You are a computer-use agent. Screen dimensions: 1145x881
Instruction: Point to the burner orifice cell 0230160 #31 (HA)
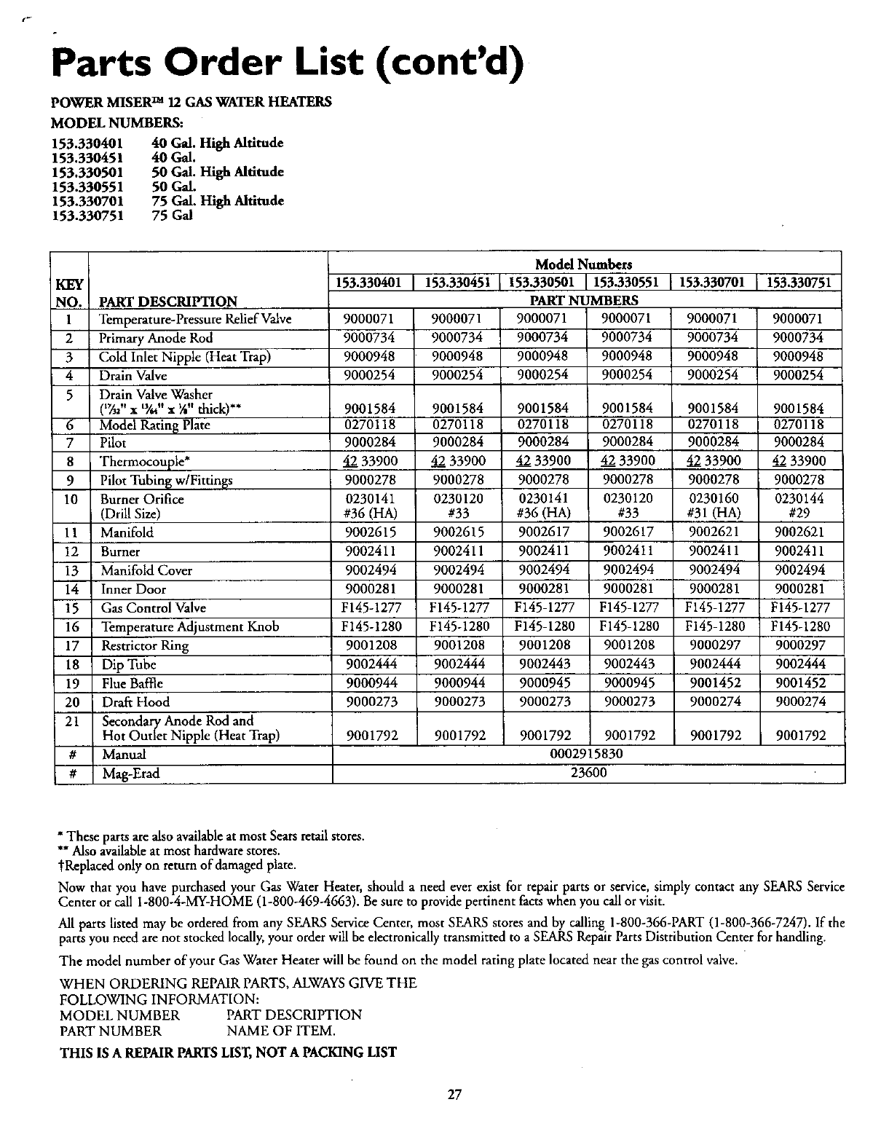tap(715, 506)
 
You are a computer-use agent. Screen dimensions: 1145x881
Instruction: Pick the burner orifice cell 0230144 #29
tap(799, 506)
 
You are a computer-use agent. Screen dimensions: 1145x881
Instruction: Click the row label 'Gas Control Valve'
tap(154, 608)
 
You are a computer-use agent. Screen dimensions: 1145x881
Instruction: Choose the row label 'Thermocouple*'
tap(140, 461)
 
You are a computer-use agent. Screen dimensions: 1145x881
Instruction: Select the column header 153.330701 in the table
tap(715, 283)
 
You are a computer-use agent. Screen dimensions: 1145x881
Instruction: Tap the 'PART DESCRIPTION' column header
tap(168, 301)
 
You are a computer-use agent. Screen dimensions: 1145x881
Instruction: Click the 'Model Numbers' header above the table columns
tap(583, 264)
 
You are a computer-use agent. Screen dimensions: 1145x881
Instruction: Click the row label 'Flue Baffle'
tap(132, 683)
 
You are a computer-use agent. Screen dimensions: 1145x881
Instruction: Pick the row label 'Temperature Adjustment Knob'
tap(189, 627)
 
